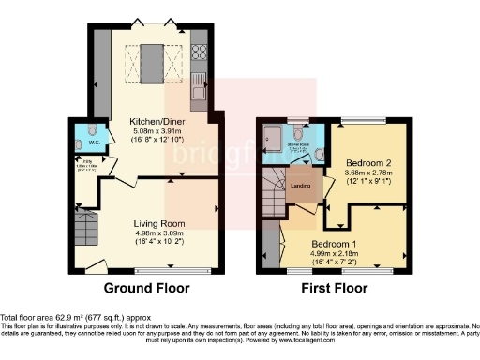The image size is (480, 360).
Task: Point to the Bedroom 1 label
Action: pyautogui.click(x=338, y=240)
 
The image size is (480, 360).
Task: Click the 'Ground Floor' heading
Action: pyautogui.click(x=146, y=288)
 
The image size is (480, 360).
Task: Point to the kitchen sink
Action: pyautogui.click(x=198, y=90)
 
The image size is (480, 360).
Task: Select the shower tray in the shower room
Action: pyautogui.click(x=277, y=139)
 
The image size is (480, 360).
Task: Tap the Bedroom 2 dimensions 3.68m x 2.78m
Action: pyautogui.click(x=363, y=174)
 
